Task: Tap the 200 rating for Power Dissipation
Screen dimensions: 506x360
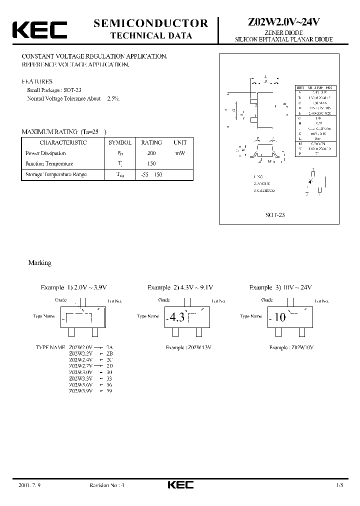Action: point(152,153)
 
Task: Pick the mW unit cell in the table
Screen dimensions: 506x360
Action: point(180,153)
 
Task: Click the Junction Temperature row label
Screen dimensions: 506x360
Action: point(49,164)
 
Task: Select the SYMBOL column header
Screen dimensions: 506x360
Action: point(120,143)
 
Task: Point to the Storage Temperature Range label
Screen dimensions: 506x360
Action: point(56,174)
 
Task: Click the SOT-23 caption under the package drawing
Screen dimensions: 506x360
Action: point(275,214)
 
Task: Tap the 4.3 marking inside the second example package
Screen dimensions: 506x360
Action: point(177,317)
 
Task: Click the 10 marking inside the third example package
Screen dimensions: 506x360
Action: point(280,317)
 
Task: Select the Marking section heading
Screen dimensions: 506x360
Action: point(39,262)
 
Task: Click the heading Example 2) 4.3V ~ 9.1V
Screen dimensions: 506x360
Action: point(180,287)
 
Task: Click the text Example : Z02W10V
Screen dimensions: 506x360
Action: point(292,347)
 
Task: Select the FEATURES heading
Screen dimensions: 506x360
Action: point(36,81)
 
